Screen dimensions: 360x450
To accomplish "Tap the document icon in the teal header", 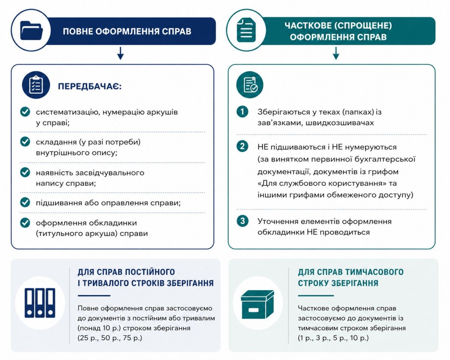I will tap(246, 30).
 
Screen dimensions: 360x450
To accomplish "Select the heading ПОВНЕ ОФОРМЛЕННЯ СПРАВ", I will tap(127, 31).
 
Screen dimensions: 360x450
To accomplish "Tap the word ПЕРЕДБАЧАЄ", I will tap(89, 87).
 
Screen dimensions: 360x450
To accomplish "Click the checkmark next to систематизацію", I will tap(25, 112).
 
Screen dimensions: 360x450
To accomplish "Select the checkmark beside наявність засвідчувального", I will tap(25, 172).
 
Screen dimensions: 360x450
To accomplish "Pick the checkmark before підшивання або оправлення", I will tap(25, 203).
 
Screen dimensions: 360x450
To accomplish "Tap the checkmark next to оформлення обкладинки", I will tap(25, 223).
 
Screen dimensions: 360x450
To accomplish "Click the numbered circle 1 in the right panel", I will tap(243, 112).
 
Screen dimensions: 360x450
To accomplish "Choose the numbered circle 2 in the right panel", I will tap(243, 146).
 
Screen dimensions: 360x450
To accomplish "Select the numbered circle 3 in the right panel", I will tap(243, 221).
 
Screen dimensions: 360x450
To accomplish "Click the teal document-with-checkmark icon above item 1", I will tap(250, 85).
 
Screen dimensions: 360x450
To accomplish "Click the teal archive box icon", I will tap(257, 303).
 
